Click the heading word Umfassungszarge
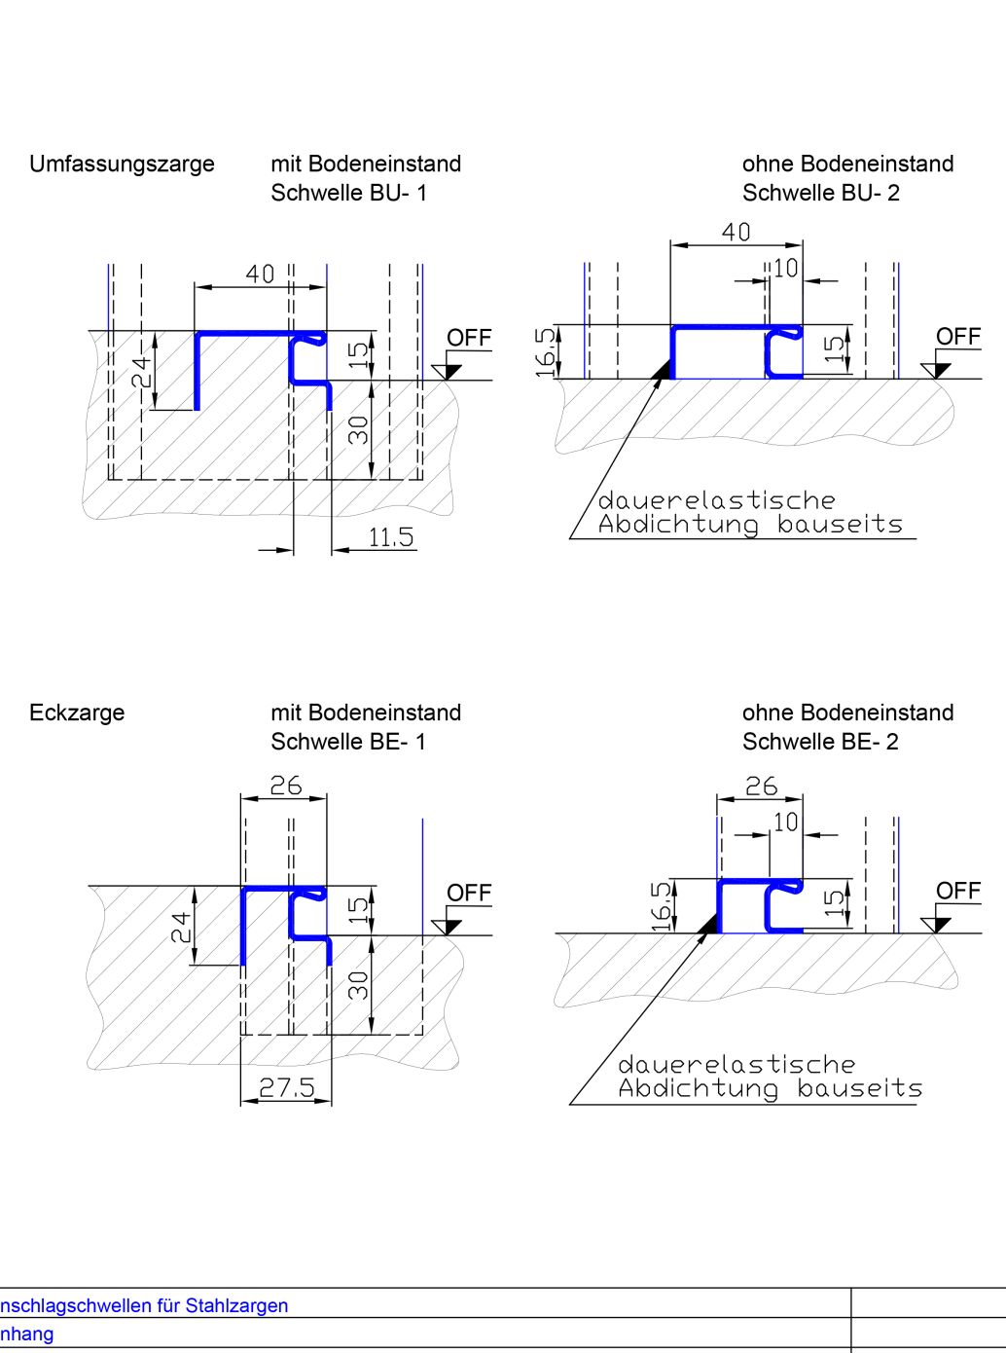click(x=122, y=164)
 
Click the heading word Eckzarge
click(x=77, y=713)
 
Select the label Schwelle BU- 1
click(x=348, y=193)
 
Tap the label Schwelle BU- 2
click(x=820, y=193)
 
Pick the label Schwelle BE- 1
click(x=348, y=742)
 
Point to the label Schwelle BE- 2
click(x=820, y=742)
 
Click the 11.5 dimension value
click(x=391, y=536)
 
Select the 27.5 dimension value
click(x=287, y=1087)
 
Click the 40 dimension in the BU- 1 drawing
click(x=260, y=274)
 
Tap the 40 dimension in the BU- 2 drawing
click(x=737, y=233)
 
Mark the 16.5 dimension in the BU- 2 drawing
click(x=546, y=351)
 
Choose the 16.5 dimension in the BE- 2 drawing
click(x=662, y=905)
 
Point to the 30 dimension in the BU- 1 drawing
click(x=359, y=429)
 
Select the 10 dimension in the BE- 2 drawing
click(x=785, y=823)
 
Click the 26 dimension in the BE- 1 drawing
click(x=286, y=786)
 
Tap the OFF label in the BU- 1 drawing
click(x=469, y=338)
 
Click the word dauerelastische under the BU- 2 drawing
click(x=717, y=500)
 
